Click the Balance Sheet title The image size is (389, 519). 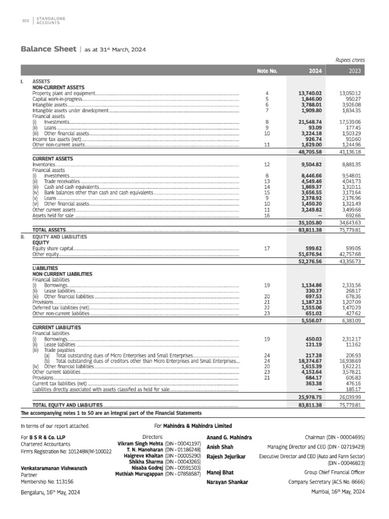point(48,49)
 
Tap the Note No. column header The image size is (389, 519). point(267,71)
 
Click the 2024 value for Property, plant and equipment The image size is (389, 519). point(310,94)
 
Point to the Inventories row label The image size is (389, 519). point(44,165)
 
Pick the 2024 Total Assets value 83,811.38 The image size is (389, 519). point(310,230)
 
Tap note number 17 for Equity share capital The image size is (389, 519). point(266,249)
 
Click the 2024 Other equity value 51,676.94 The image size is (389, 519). point(310,254)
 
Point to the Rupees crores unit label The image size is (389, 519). point(351,60)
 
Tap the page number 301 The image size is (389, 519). point(25,20)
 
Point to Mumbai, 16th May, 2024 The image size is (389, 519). point(338,492)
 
